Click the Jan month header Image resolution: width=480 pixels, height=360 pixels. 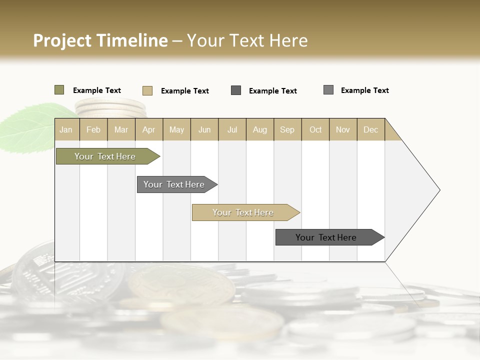(x=66, y=129)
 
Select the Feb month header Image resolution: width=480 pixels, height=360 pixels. (x=93, y=129)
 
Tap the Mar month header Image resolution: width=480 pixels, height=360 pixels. (x=121, y=129)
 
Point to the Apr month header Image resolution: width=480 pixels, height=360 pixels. (x=149, y=129)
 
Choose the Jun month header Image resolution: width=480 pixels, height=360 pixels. (x=204, y=129)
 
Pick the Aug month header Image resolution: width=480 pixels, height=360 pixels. (x=259, y=129)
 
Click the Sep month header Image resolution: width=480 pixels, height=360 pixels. (x=287, y=129)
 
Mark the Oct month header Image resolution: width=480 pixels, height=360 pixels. (x=315, y=129)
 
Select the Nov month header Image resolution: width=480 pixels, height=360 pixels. (x=343, y=129)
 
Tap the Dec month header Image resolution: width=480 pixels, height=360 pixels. (x=370, y=129)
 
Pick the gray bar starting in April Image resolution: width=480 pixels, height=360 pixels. (x=175, y=184)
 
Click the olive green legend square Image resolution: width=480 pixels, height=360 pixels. (x=59, y=90)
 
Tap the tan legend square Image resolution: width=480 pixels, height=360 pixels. (x=147, y=90)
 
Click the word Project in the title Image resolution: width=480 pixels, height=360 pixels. (x=63, y=40)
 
